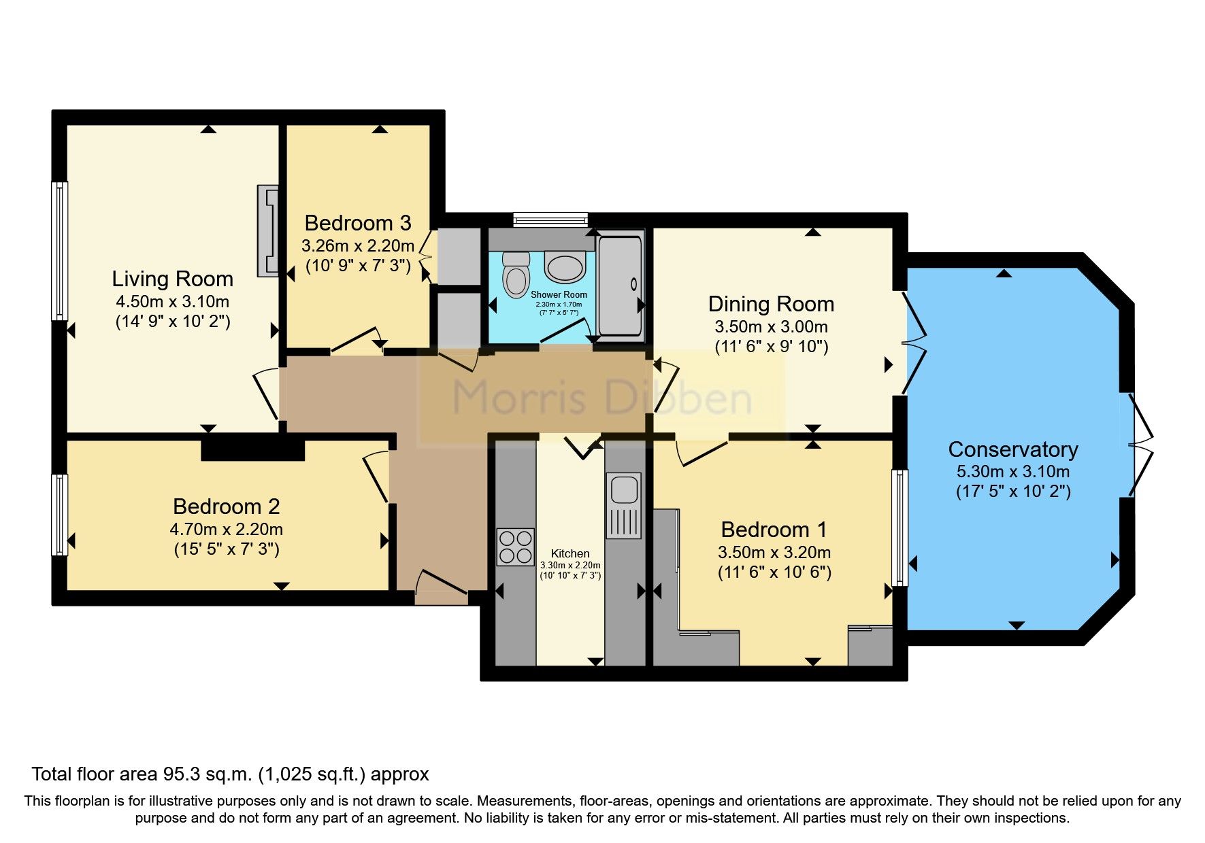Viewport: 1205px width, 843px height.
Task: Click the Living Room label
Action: click(x=172, y=279)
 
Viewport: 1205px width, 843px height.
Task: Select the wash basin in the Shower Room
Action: click(x=565, y=267)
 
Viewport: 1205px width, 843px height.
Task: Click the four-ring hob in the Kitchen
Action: click(x=515, y=547)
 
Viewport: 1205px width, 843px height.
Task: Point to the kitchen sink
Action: click(x=624, y=504)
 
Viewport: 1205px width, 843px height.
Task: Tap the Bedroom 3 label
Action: click(x=358, y=223)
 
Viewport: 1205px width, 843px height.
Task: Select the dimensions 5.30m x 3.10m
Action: click(x=1012, y=471)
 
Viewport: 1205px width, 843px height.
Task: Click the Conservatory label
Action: click(x=1012, y=449)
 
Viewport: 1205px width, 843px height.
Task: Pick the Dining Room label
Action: click(x=771, y=304)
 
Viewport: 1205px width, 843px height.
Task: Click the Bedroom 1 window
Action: click(x=899, y=527)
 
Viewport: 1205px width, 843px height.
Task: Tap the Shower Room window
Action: click(x=550, y=218)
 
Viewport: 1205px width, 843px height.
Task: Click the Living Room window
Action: click(x=61, y=250)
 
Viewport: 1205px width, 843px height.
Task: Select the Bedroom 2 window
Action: click(x=61, y=515)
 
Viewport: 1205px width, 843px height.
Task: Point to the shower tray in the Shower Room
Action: click(x=620, y=286)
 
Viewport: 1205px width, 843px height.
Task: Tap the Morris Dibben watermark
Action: click(x=601, y=398)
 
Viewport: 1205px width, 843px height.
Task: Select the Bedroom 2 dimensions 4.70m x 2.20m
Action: click(x=226, y=529)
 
